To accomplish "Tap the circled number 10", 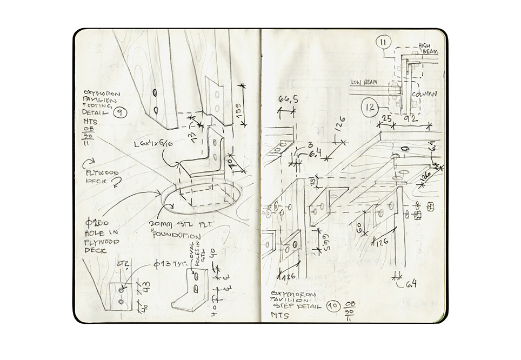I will tap(334, 306).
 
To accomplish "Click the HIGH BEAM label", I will tap(426, 49).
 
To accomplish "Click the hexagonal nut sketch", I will tap(432, 205).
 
